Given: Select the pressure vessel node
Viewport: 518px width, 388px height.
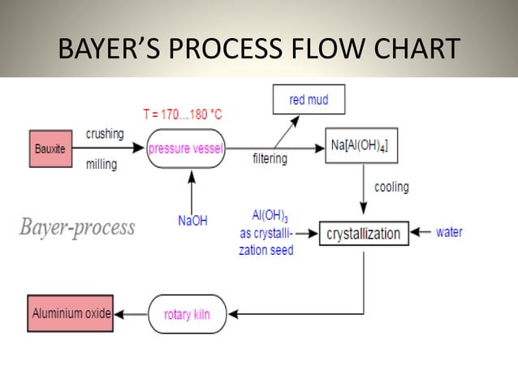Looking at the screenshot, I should [186, 149].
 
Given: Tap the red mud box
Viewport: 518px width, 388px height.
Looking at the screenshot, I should [308, 101].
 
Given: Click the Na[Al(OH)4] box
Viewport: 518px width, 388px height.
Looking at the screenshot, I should [360, 146].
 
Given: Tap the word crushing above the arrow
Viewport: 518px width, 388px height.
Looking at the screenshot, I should [105, 133].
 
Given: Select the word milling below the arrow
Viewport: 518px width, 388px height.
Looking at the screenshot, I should [101, 165].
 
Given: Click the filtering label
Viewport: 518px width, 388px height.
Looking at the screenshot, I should [270, 159].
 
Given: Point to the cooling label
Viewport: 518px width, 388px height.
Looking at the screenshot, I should [391, 187].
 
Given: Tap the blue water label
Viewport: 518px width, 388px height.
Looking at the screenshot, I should [449, 232].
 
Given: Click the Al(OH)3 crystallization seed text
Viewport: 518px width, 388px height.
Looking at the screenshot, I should [265, 233].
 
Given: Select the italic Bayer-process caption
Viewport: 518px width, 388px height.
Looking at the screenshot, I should [77, 227].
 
